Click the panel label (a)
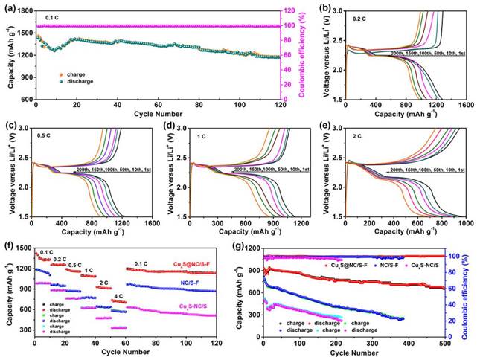point(8,6)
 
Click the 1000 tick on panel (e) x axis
point(466,223)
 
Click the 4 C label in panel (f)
point(118,298)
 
